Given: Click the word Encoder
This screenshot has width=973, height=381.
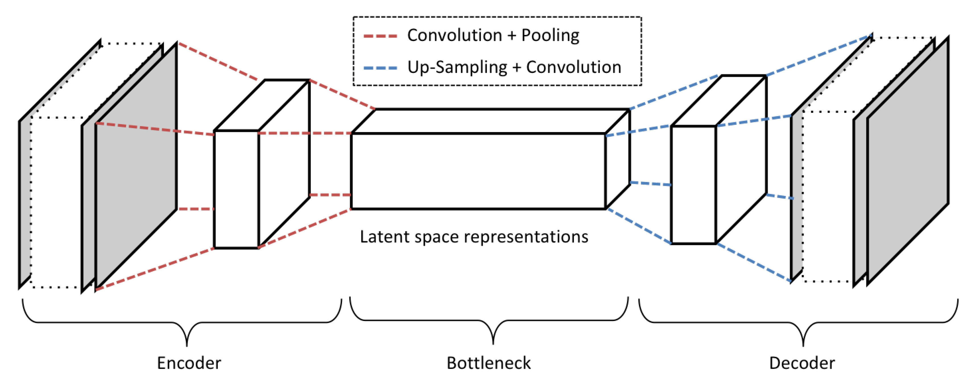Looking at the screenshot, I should point(189,363).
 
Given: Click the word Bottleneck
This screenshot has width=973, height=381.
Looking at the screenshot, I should point(488,363).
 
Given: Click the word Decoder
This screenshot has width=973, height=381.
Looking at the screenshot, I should point(802,363).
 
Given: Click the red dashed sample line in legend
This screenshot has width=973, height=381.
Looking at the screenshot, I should point(380,36).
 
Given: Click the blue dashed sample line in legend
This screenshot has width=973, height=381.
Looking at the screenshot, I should point(380,68).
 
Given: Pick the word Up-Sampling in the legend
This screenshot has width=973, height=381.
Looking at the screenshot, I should point(457,67).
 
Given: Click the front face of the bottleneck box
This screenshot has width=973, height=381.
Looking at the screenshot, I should point(478,171).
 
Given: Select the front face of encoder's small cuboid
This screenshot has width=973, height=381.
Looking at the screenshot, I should point(236,189).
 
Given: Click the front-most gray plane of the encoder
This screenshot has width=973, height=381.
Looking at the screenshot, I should point(136,166).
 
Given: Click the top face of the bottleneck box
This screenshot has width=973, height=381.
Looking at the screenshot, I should point(491,121).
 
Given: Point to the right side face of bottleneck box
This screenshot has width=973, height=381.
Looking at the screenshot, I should point(617,159).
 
